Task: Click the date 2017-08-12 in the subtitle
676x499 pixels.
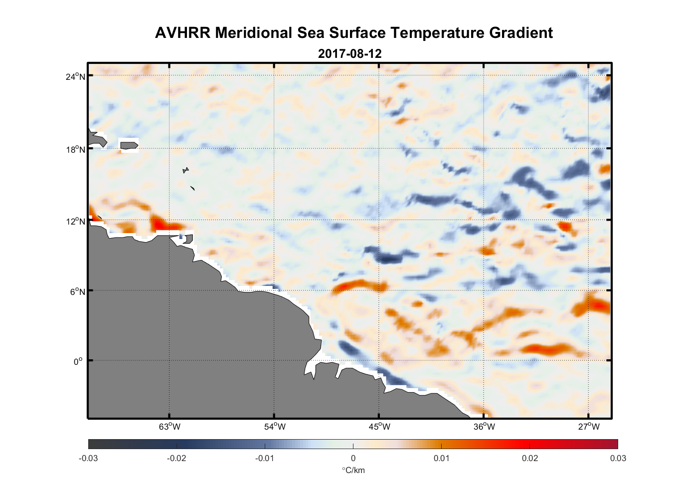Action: coord(349,54)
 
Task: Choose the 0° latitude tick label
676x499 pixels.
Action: coord(78,361)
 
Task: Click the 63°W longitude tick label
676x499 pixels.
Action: coord(169,427)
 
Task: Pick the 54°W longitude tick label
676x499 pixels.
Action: coord(275,427)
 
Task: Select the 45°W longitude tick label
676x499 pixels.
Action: coord(379,427)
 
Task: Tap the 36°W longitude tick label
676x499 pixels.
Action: coord(484,427)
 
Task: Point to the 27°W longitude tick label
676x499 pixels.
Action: coord(589,427)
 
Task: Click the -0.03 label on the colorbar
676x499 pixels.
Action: coord(89,459)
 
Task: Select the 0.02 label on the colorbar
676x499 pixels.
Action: coord(529,459)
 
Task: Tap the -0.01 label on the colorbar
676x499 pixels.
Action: coord(265,459)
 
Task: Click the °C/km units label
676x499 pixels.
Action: coord(353,470)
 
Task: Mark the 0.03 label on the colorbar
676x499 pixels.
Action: coord(618,459)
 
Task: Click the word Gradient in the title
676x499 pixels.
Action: coord(521,33)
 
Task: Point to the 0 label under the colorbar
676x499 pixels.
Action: coord(353,459)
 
